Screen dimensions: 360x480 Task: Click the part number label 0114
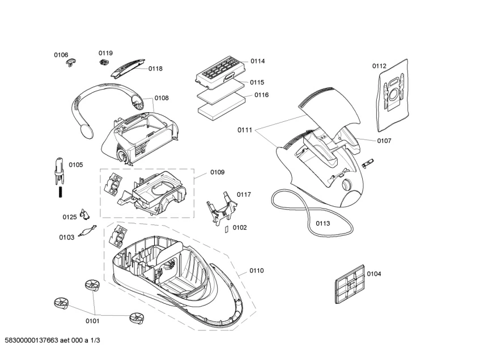258,61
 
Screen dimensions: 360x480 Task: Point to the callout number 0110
256,271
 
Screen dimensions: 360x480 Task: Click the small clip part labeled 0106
71,61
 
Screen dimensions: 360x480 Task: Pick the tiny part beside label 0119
104,61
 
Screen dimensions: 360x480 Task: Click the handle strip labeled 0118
128,70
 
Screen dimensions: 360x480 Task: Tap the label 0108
162,98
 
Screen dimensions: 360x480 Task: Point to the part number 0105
76,165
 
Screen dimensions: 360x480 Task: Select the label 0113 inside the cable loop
323,223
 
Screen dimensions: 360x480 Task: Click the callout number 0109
217,172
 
